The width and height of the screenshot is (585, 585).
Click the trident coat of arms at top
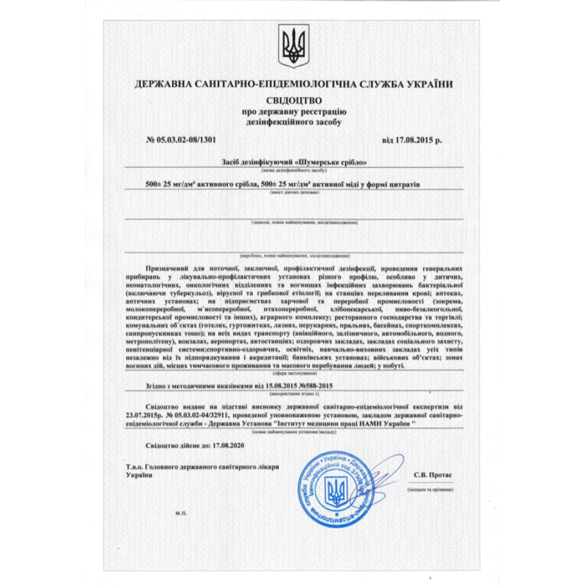pos(292,46)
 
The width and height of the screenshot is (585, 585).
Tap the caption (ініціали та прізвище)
pos(433,487)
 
